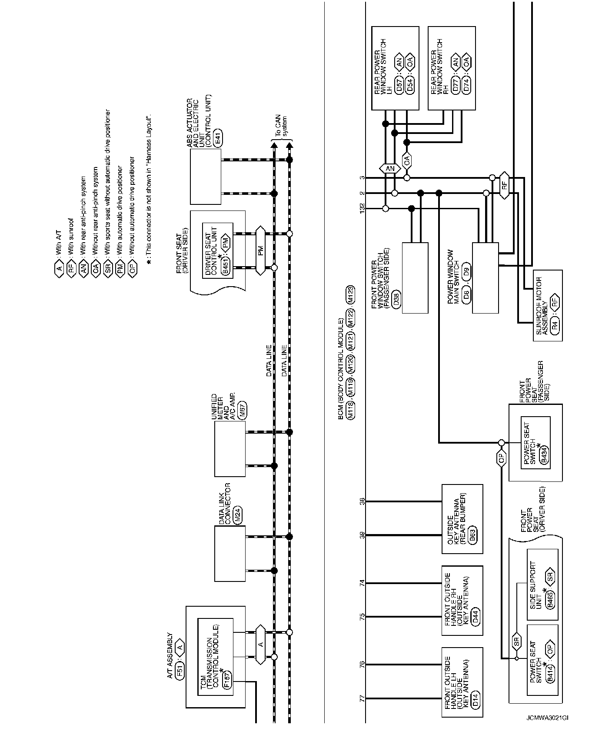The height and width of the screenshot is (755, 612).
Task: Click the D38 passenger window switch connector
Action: pyautogui.click(x=396, y=300)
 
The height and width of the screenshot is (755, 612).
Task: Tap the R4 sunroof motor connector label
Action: pyautogui.click(x=554, y=325)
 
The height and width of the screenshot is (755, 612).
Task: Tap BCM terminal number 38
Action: pyautogui.click(x=362, y=501)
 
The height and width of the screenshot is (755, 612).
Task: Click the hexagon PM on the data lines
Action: pyautogui.click(x=260, y=250)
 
